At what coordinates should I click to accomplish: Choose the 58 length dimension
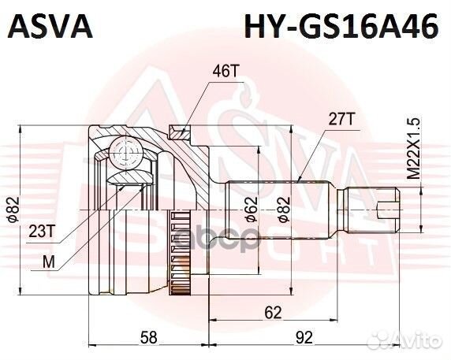click(148, 338)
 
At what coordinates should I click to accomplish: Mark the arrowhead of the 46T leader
click(184, 130)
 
